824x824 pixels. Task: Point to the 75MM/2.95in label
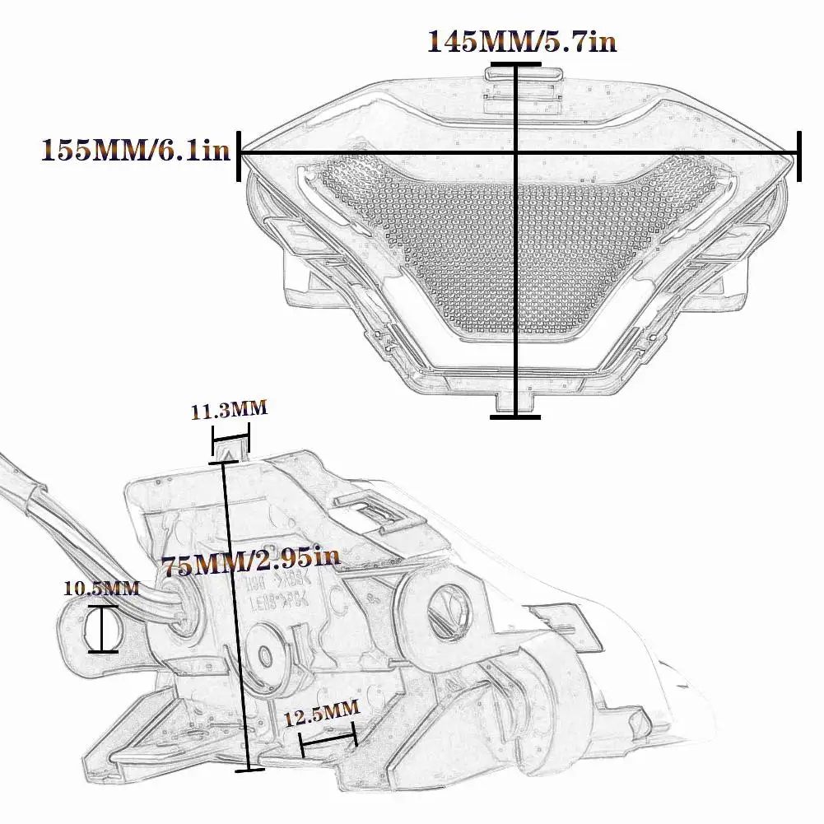pyautogui.click(x=250, y=565)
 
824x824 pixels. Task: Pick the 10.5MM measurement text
pyautogui.click(x=102, y=588)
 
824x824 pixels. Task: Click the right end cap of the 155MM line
pyautogui.click(x=798, y=153)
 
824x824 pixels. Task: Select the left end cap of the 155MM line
pyautogui.click(x=240, y=153)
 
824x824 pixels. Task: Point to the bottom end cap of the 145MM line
pyautogui.click(x=515, y=417)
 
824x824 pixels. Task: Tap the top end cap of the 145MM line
pyautogui.click(x=515, y=63)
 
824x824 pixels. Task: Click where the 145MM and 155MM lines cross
pyautogui.click(x=515, y=153)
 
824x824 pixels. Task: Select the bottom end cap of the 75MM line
pyautogui.click(x=249, y=770)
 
